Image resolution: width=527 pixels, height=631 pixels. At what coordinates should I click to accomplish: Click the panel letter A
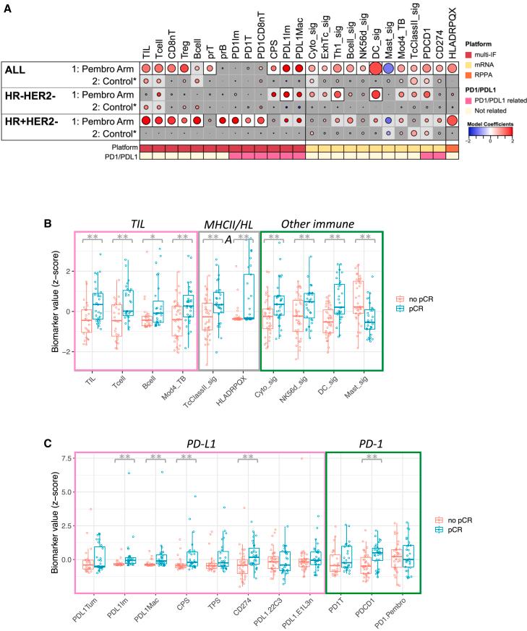pyautogui.click(x=7, y=6)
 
